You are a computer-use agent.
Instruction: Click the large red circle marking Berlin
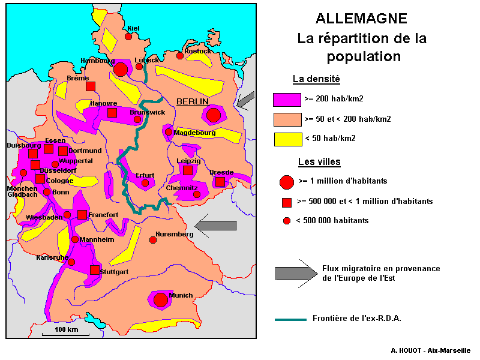(x=214, y=115)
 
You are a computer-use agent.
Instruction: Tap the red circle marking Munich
(x=160, y=299)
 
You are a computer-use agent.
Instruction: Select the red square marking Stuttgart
(x=95, y=270)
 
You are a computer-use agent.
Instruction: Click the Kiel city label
(x=133, y=28)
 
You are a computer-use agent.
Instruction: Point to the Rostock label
(x=197, y=51)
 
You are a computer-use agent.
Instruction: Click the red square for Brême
(x=90, y=86)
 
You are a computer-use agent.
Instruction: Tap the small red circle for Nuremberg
(x=153, y=240)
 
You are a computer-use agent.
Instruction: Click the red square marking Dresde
(x=220, y=181)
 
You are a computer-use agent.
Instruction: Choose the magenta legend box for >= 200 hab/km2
(x=286, y=100)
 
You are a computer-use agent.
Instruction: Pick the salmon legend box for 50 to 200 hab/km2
(x=286, y=119)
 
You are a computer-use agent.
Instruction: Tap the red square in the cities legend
(x=286, y=202)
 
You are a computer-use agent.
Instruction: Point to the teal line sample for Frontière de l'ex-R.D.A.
(x=291, y=319)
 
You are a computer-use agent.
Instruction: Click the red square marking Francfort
(x=82, y=215)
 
